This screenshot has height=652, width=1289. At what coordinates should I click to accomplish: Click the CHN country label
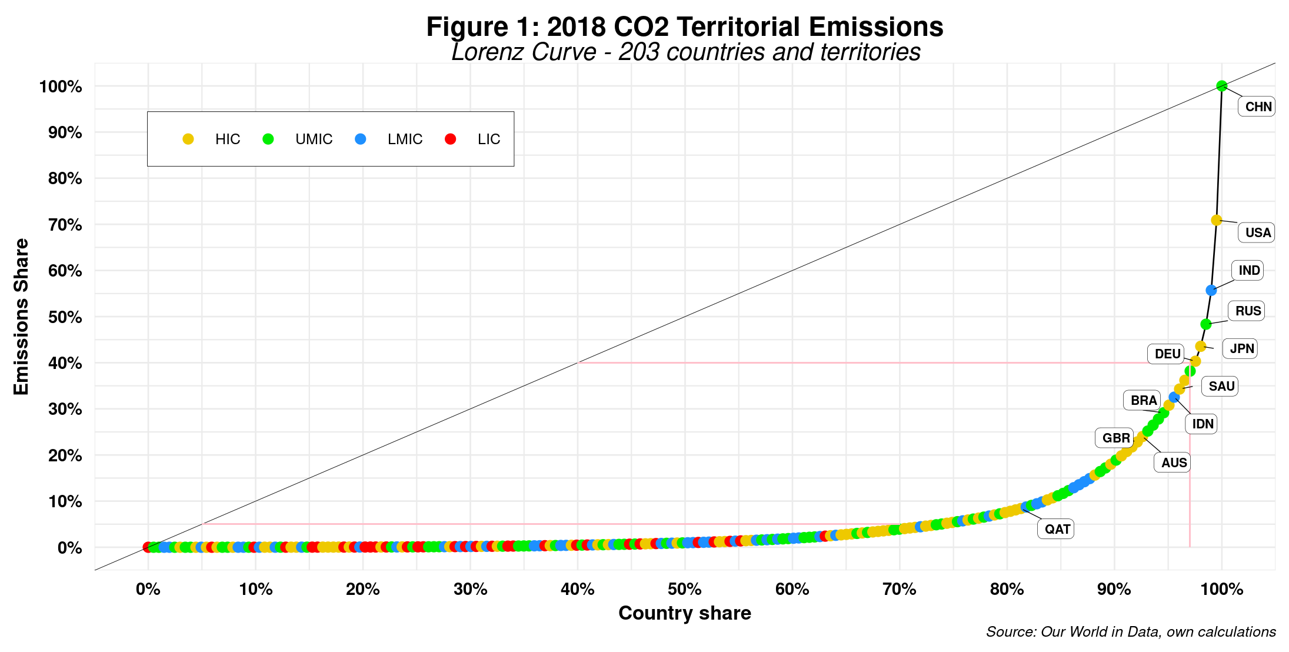[1258, 107]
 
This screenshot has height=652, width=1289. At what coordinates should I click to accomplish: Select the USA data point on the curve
[1216, 220]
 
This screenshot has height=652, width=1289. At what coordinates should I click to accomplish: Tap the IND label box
[1248, 271]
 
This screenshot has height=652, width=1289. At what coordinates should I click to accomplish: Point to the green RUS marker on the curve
[1205, 324]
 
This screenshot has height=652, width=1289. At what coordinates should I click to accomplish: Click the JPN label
[1241, 348]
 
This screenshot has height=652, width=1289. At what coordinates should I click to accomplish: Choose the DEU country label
[1167, 354]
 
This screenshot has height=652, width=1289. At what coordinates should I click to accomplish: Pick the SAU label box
[1221, 387]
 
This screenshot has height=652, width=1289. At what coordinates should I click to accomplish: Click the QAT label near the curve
[1057, 529]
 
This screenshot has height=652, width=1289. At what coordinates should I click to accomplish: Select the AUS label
[1174, 463]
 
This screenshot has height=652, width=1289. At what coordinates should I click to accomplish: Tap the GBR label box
[1115, 438]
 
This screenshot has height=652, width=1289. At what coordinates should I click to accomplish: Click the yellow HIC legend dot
[188, 139]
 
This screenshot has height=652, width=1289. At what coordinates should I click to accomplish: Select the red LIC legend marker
[451, 139]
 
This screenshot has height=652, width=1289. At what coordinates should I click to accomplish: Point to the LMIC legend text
[405, 139]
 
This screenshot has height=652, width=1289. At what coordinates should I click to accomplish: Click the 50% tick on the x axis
[685, 589]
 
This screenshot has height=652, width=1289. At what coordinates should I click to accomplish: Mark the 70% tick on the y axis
[65, 225]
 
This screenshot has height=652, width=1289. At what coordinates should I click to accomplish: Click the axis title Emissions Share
[21, 317]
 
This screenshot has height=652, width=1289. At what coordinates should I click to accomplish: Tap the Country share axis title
[685, 613]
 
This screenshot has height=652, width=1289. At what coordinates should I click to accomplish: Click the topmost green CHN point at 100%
[1222, 86]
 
